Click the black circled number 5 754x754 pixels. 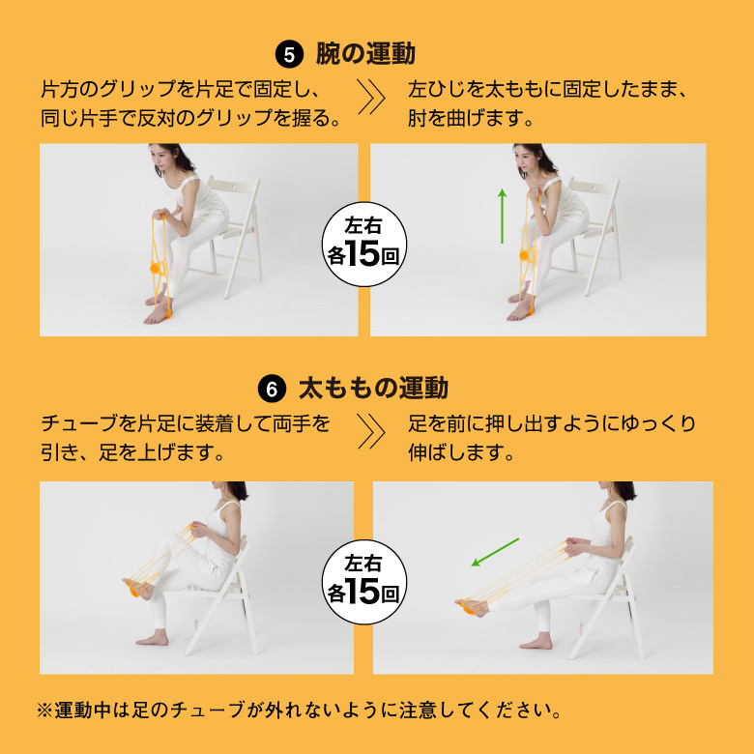(x=289, y=55)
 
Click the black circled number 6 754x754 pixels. (x=273, y=389)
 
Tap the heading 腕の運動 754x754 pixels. (x=365, y=54)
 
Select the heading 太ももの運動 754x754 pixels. (x=374, y=388)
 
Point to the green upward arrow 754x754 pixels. (x=502, y=216)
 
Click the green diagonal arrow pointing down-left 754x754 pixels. (x=495, y=552)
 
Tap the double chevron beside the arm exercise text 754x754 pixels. (x=371, y=97)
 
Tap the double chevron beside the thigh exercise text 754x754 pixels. (x=371, y=431)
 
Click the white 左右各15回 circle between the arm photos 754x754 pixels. (x=364, y=245)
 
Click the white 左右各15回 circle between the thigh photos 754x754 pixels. (x=364, y=582)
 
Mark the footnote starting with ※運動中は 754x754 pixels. (x=299, y=710)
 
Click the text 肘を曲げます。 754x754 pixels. (x=471, y=118)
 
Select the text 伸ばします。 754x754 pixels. (x=461, y=452)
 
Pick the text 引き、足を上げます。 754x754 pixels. (x=132, y=452)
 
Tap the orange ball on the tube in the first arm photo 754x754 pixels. (x=156, y=269)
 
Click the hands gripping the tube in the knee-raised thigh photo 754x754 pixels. (x=197, y=530)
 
